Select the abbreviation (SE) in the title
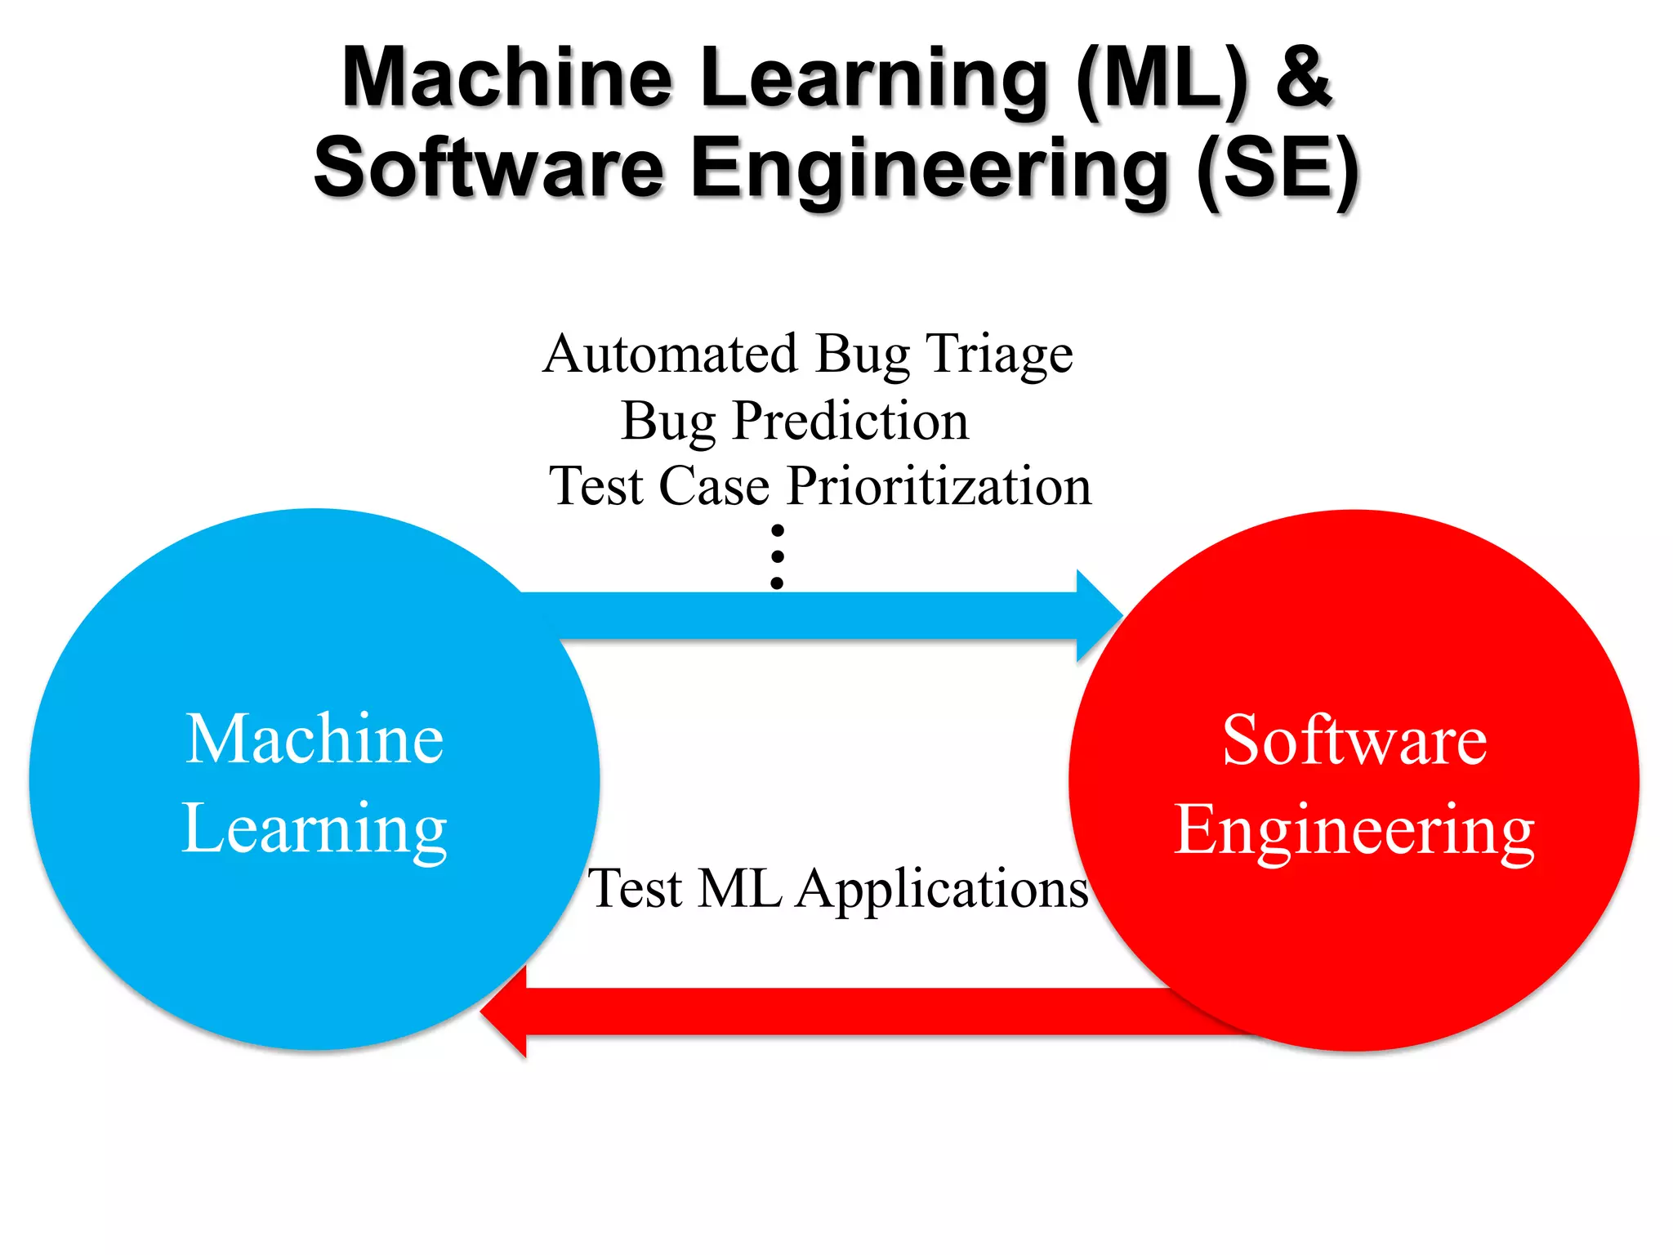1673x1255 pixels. (1278, 170)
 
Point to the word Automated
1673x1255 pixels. (670, 355)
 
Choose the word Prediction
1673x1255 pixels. (850, 422)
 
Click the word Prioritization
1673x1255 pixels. (939, 487)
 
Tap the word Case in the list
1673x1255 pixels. (714, 487)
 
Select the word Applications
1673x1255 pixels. (942, 891)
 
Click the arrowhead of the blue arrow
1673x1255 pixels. (1099, 615)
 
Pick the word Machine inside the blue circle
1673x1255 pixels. (315, 739)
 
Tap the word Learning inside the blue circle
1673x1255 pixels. (315, 830)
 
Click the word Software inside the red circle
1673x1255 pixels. (1354, 740)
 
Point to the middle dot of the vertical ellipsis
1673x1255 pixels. (778, 556)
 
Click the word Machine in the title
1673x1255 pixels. (506, 78)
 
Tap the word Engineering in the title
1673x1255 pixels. (931, 170)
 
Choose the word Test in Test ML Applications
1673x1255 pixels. (636, 889)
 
